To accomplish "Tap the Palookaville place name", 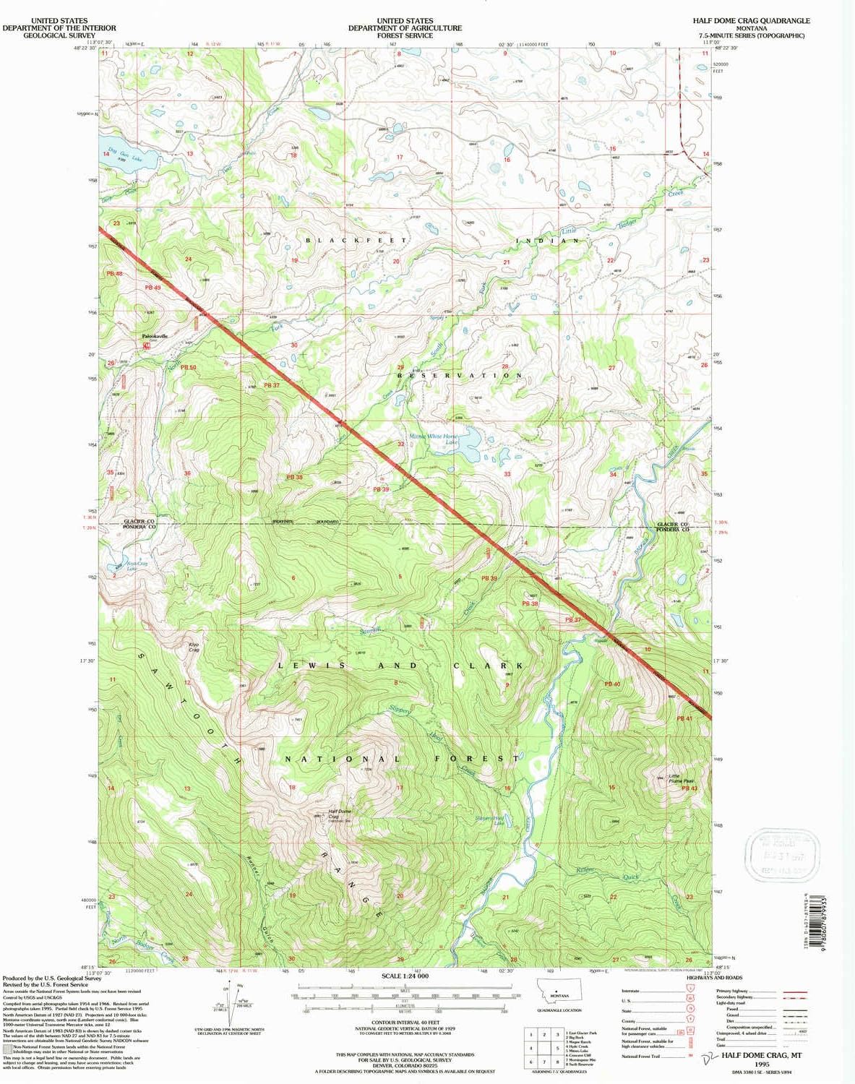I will point(154,336).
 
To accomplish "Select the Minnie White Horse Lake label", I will point(434,437).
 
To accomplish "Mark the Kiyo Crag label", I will point(194,647).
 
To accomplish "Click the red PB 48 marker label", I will point(114,274).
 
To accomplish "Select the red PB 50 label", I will point(188,368).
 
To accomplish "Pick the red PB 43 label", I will point(689,788).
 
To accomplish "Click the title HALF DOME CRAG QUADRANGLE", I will point(751,21).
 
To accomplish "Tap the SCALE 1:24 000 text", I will point(405,976).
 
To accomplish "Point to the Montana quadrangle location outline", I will point(559,994).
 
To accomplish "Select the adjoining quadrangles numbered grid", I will point(544,1048).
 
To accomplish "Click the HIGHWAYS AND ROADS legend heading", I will point(714,978).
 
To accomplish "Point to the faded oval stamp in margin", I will point(783,856).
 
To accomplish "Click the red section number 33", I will point(507,475).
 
